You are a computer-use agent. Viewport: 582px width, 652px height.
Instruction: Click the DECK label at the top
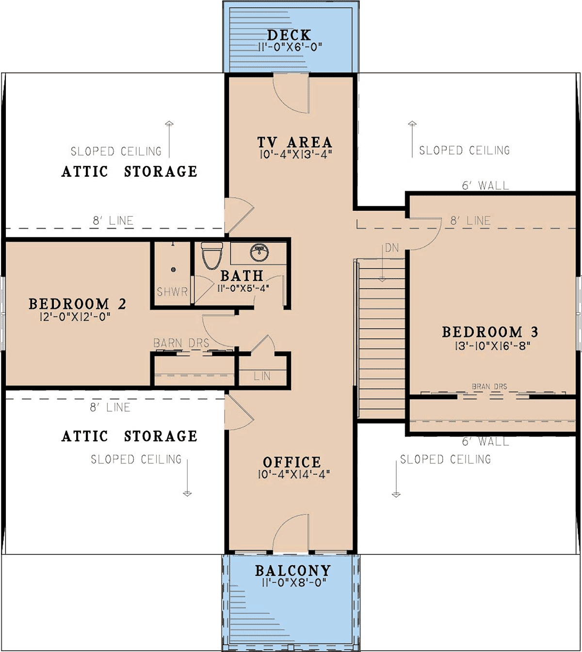(x=289, y=35)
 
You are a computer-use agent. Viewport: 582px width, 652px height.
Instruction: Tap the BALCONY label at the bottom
(x=293, y=571)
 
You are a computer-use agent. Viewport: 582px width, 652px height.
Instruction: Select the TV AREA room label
(x=294, y=142)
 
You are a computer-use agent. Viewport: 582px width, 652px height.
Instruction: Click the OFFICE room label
(x=292, y=462)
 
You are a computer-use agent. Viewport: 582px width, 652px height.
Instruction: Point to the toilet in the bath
(x=212, y=255)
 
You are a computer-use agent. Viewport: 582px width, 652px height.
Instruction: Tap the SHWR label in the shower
(x=172, y=292)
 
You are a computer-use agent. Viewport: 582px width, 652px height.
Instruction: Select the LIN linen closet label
(x=262, y=376)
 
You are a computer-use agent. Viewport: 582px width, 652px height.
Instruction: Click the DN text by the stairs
(x=392, y=248)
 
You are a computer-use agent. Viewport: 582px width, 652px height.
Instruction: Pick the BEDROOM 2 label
(x=77, y=304)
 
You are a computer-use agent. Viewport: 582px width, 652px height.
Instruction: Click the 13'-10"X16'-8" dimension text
(x=492, y=346)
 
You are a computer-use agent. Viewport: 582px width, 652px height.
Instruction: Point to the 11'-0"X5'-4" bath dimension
(x=243, y=288)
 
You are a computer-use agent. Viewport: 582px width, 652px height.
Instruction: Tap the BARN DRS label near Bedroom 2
(x=181, y=343)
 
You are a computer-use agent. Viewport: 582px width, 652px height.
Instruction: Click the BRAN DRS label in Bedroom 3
(x=489, y=387)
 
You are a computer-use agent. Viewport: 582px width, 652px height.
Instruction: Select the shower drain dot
(x=173, y=270)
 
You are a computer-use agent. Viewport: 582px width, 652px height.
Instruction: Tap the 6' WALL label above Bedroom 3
(x=485, y=186)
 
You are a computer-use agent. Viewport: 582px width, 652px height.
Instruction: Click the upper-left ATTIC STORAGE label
(x=129, y=171)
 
